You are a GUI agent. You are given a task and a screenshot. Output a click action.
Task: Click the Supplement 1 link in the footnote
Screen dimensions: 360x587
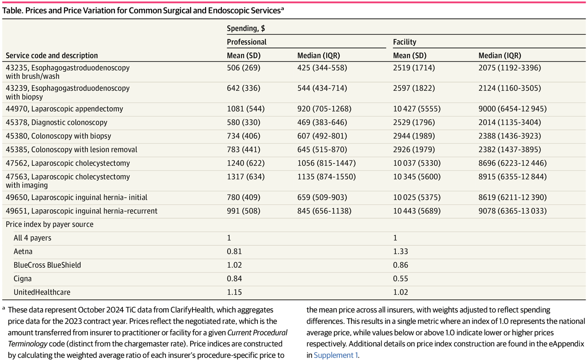[x=335, y=355]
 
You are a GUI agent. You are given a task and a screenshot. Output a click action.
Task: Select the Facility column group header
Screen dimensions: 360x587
[x=404, y=42]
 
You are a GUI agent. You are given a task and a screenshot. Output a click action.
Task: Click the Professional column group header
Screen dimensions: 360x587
[x=247, y=42]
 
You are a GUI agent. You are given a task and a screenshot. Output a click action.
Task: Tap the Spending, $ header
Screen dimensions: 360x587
[x=246, y=28]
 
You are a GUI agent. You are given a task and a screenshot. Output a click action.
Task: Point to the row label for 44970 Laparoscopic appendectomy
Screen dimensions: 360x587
[x=64, y=109]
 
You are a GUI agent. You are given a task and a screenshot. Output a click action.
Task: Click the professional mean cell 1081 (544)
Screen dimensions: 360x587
[x=245, y=109]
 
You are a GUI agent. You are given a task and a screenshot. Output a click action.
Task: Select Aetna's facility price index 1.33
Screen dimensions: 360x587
[x=400, y=252]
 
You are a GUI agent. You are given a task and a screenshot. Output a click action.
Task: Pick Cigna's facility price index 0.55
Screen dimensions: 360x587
[x=400, y=279]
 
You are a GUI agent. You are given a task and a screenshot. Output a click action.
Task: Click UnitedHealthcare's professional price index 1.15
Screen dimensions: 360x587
[x=234, y=292]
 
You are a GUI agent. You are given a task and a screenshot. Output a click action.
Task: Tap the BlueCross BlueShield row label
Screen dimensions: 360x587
[x=47, y=265]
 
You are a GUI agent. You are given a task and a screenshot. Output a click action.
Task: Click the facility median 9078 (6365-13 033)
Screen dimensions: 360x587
[x=512, y=211]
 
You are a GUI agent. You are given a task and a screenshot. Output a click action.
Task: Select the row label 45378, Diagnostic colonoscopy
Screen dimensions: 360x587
[x=56, y=122]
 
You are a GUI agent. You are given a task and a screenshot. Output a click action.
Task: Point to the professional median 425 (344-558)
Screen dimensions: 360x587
[x=322, y=68]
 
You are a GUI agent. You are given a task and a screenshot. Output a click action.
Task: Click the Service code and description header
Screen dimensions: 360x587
[x=52, y=56]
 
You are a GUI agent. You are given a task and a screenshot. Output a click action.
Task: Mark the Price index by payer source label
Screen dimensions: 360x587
[x=49, y=224]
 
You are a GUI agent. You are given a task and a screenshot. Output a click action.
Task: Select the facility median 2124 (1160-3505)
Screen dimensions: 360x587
[x=510, y=88]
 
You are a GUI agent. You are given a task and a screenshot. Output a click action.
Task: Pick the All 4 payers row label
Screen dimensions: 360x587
[x=32, y=238]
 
